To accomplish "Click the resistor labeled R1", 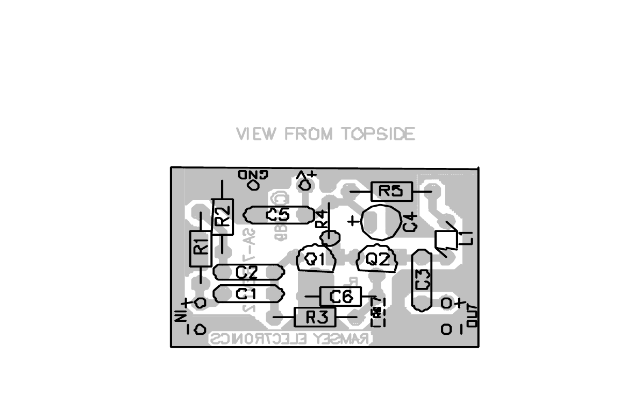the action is tap(201, 248).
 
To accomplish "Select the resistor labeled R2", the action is tap(223, 216).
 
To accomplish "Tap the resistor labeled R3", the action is tap(315, 317).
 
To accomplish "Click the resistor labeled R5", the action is tap(391, 191).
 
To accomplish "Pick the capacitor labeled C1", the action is tap(248, 294).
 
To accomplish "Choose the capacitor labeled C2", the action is tap(248, 272).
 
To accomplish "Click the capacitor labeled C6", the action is tap(340, 296).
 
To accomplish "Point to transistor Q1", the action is tap(316, 259).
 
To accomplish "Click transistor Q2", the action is tap(377, 259).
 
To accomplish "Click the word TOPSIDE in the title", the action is tap(379, 133).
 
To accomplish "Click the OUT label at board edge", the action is tap(473, 315).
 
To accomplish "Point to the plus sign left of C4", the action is tap(353, 221).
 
